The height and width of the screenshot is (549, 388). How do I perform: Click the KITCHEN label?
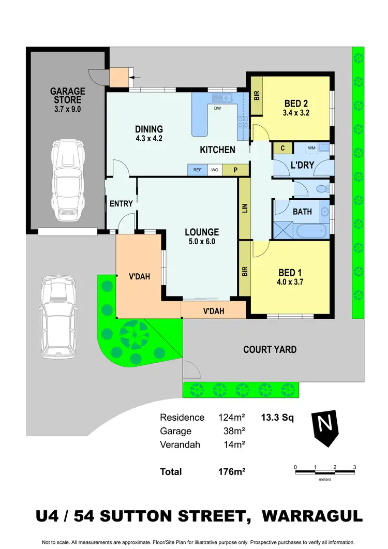[218, 150]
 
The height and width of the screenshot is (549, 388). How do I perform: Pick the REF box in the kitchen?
[198, 170]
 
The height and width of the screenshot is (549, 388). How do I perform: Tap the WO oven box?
[214, 170]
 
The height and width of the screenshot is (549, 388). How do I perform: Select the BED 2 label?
[296, 108]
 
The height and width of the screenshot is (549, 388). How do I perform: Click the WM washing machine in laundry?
[311, 148]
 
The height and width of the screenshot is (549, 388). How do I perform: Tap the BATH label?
[302, 212]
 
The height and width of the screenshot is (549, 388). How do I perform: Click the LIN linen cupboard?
[245, 208]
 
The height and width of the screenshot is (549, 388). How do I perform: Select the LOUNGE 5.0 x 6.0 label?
[202, 236]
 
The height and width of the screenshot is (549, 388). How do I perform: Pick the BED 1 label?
[290, 277]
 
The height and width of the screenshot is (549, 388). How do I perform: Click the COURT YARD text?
[270, 350]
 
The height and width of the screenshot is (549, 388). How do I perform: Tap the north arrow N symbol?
[325, 427]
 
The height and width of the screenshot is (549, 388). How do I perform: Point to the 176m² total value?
[231, 471]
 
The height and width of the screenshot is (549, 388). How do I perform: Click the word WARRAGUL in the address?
[312, 516]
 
